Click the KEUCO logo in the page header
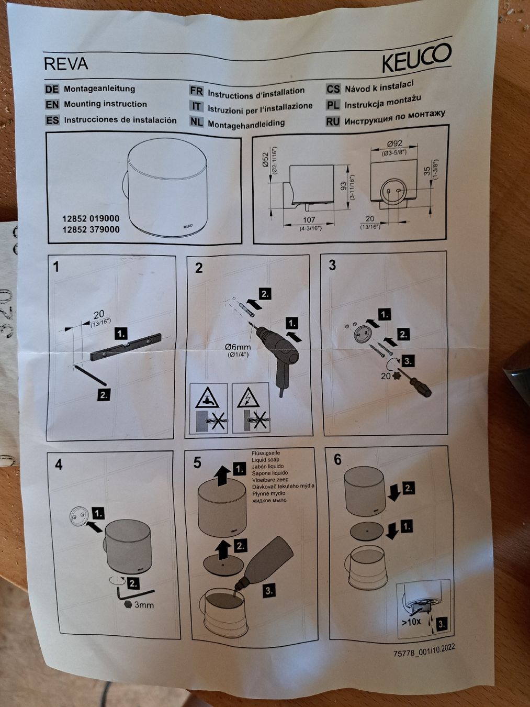(416, 58)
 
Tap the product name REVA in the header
(66, 64)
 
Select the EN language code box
(52, 104)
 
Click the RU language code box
(333, 121)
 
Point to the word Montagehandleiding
(246, 124)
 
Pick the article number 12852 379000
(91, 230)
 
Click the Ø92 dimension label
(394, 144)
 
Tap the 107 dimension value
(309, 219)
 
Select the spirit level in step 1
(126, 347)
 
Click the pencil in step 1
(90, 375)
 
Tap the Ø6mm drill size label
(238, 347)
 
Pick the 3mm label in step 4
(144, 605)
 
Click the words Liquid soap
(265, 460)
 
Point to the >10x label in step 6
(411, 622)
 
